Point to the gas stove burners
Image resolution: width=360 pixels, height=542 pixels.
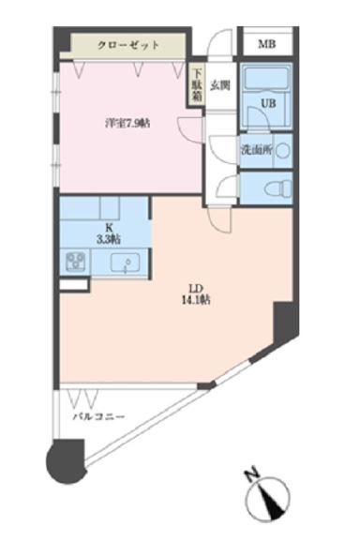click(74, 262)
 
